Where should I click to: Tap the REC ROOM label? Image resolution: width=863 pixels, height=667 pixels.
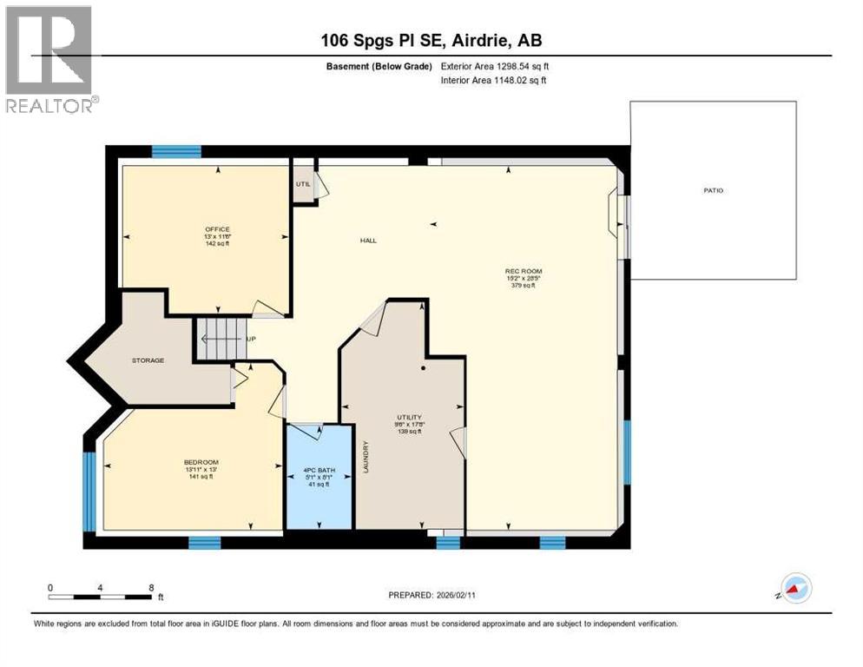tap(524, 271)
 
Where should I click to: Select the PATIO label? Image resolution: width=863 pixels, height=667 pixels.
tap(714, 190)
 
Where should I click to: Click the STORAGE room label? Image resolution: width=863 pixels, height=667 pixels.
tap(148, 360)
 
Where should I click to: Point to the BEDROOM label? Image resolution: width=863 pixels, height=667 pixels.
tap(201, 461)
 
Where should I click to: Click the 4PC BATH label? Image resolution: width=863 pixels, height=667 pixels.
tap(319, 473)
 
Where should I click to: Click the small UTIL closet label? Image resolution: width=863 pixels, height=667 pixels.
tap(303, 184)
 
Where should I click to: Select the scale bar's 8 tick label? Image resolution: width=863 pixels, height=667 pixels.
tap(152, 587)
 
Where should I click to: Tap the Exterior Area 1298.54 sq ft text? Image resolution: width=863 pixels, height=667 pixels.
tap(495, 65)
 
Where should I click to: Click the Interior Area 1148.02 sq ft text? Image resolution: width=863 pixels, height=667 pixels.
tap(494, 81)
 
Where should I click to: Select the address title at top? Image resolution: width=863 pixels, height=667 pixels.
tap(431, 40)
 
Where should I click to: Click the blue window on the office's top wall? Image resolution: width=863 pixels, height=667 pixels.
tap(176, 151)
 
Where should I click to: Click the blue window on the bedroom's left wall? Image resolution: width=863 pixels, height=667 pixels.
tap(89, 491)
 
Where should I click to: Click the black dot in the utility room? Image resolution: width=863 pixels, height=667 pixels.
tap(423, 368)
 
